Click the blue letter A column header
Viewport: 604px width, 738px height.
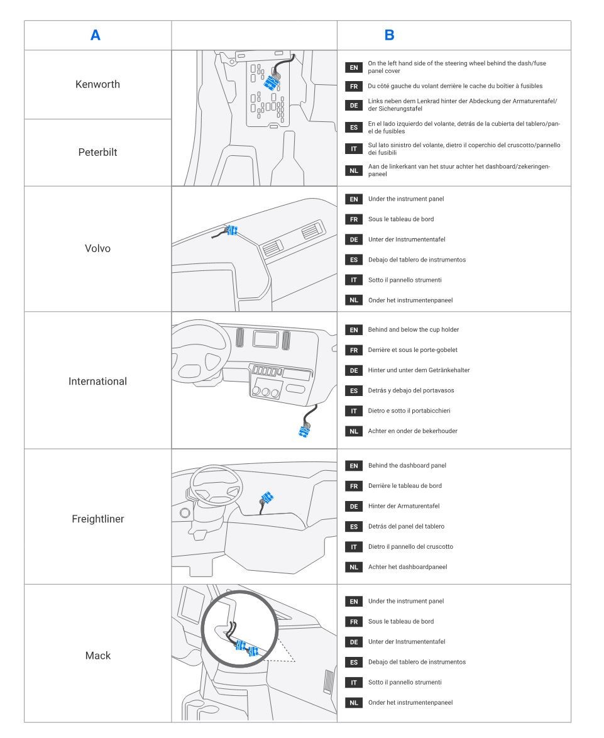95,35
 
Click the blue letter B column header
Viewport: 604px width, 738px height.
389,35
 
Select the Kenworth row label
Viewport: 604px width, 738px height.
97,84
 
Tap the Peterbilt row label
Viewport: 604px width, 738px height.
97,152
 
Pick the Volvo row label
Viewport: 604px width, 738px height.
97,248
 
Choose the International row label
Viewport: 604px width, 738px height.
97,381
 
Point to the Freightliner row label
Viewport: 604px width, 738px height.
98,519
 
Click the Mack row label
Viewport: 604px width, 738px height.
98,656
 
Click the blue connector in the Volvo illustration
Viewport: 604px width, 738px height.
232,230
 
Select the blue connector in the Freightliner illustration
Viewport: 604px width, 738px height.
267,497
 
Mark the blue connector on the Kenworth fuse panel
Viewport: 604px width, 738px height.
272,84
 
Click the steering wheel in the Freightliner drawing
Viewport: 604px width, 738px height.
216,485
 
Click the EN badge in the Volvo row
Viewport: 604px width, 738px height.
354,199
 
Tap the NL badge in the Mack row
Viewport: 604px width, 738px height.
354,703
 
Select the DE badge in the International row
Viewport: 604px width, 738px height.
354,370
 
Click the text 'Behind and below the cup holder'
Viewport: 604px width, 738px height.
414,329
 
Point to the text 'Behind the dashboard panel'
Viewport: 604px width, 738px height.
407,465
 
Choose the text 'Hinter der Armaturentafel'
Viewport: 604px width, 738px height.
404,506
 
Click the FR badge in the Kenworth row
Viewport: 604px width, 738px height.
354,87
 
